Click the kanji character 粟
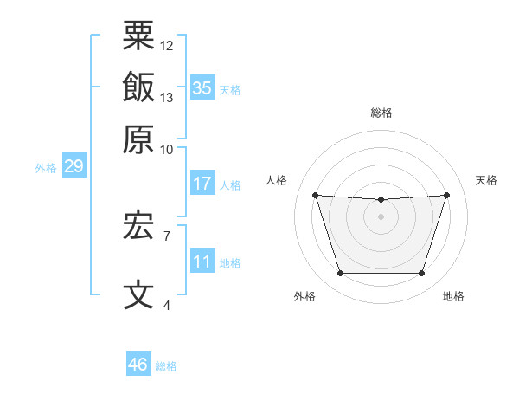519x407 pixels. click(x=139, y=36)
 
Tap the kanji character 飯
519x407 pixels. click(x=139, y=87)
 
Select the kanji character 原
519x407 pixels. click(x=139, y=139)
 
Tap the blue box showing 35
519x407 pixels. click(x=202, y=87)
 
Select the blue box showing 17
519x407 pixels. click(x=202, y=184)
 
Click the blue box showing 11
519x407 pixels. click(x=202, y=262)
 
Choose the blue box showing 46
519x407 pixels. click(x=138, y=365)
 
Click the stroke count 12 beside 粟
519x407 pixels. click(x=167, y=45)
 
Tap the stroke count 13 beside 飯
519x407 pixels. click(x=167, y=97)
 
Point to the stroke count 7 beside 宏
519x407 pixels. click(x=167, y=235)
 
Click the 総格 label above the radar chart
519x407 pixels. click(x=381, y=113)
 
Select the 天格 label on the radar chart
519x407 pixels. click(x=486, y=180)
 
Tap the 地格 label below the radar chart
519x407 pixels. click(x=453, y=296)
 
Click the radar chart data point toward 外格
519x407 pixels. click(x=340, y=274)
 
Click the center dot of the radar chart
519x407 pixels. click(x=381, y=216)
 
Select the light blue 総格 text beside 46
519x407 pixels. click(x=166, y=366)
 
